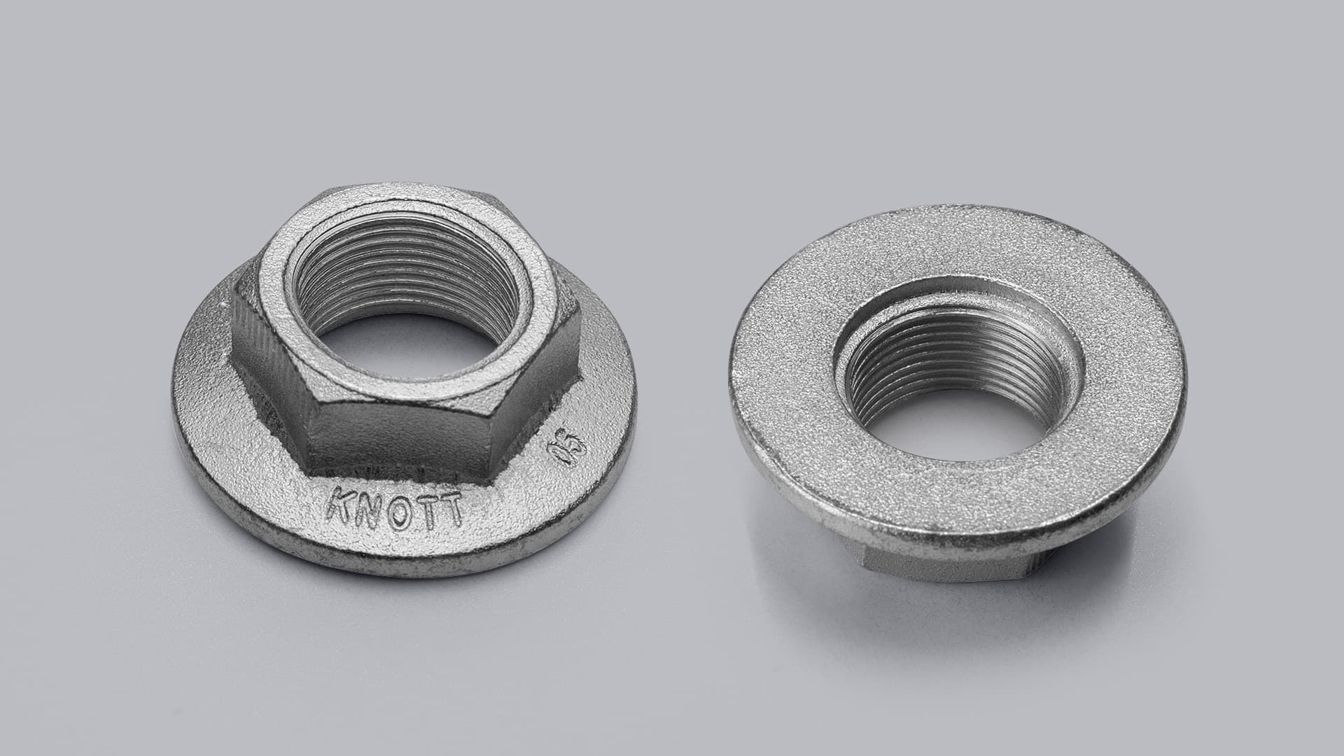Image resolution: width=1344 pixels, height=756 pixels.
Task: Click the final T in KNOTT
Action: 451,511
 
